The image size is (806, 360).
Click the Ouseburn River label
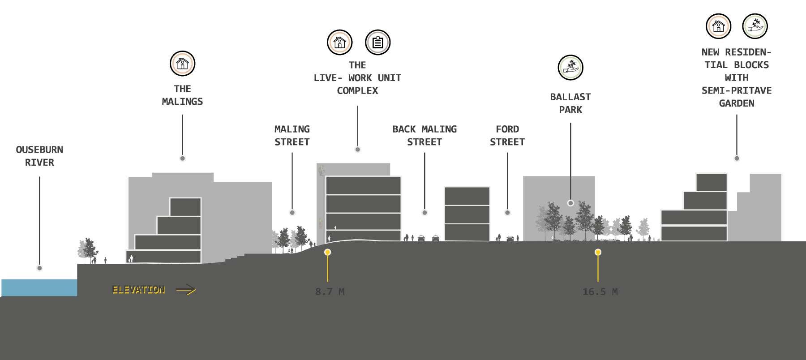pos(39,156)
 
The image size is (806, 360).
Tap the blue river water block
pos(39,287)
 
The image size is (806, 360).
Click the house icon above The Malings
pos(182,63)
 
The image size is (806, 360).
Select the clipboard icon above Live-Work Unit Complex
pos(378,43)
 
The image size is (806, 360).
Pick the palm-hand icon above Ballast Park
pos(570,68)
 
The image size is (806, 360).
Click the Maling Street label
pos(292,135)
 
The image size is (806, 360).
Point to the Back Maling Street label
pos(424,135)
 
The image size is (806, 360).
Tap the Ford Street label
pos(507,135)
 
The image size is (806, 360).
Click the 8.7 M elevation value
pos(330,291)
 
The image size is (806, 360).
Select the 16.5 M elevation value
pos(600,291)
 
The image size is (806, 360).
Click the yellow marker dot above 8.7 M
pos(328,253)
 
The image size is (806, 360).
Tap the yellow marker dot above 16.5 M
pos(598,253)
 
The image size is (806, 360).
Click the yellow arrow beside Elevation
pos(186,290)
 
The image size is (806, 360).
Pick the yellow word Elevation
pos(138,290)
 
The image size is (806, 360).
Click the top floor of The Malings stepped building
pos(185,207)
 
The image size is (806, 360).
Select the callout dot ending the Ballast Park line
pos(570,203)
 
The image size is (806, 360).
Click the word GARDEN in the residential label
pos(737,103)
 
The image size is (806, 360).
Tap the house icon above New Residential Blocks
pos(718,26)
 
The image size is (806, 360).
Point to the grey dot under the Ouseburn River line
pos(39,268)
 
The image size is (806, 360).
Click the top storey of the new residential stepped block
pos(711,182)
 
